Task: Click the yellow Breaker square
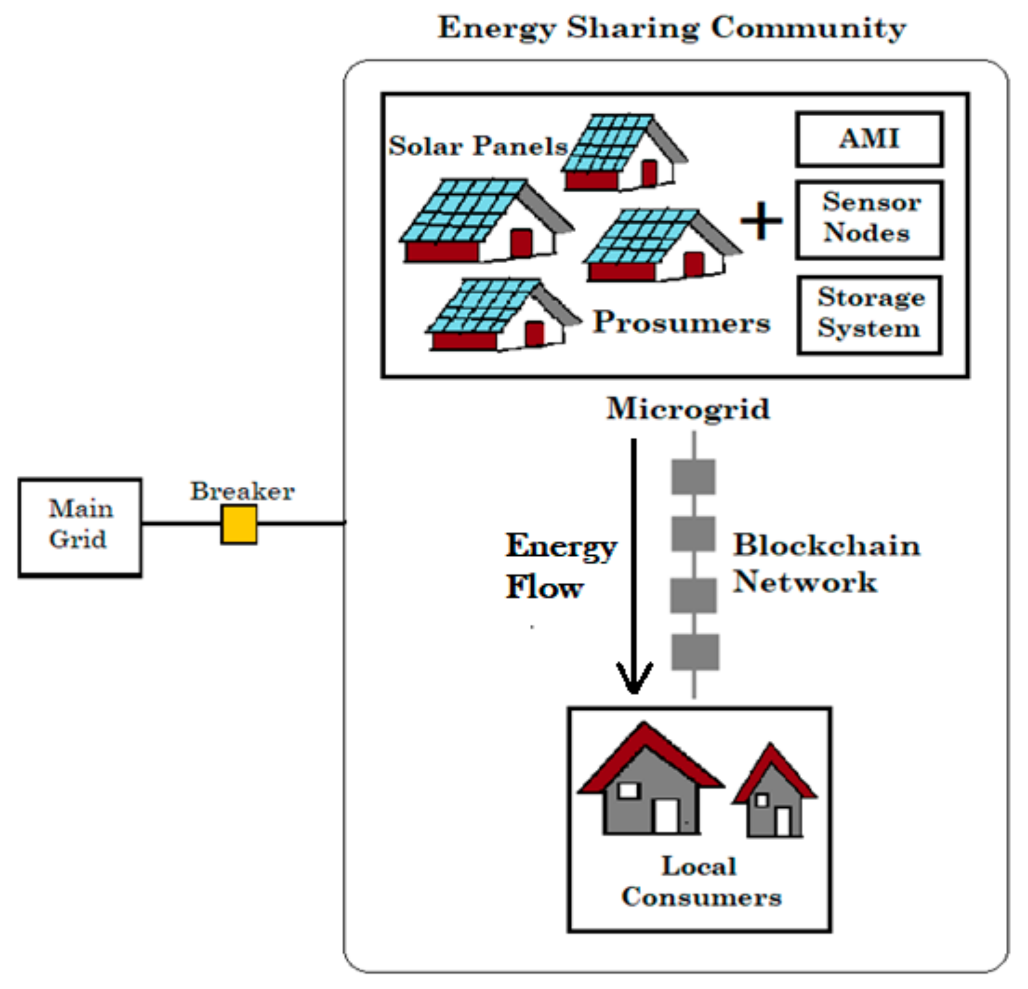[239, 524]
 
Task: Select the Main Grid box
[80, 526]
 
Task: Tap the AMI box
[869, 139]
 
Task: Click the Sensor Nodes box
[869, 219]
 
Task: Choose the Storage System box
[869, 314]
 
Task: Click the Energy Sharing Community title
[672, 27]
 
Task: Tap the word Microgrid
[688, 409]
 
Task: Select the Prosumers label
[681, 322]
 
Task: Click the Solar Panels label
[478, 146]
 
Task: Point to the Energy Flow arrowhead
[634, 682]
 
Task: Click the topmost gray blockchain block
[693, 476]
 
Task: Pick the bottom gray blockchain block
[695, 652]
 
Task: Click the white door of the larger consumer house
[666, 816]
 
